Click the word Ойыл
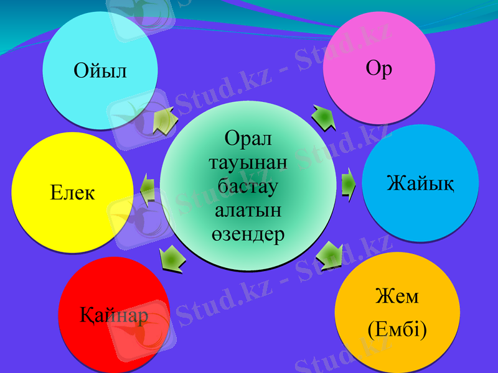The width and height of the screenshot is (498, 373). (x=100, y=71)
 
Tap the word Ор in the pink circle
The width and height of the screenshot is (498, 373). (x=378, y=68)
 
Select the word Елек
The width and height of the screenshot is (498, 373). (x=72, y=193)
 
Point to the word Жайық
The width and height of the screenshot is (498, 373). (x=420, y=183)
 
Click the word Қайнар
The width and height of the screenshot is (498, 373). (x=114, y=315)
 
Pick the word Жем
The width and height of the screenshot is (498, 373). (x=397, y=296)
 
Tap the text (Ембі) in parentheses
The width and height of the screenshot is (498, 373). (x=397, y=329)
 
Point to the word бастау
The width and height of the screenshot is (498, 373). (x=248, y=186)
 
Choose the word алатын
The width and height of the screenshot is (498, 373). (x=248, y=210)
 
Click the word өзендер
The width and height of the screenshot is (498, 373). (x=248, y=234)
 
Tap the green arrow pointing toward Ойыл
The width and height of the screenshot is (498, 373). (x=164, y=120)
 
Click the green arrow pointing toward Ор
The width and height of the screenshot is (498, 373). (x=324, y=117)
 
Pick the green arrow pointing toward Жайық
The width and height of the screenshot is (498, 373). (x=349, y=185)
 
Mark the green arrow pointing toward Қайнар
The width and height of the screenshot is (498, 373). (x=172, y=258)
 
